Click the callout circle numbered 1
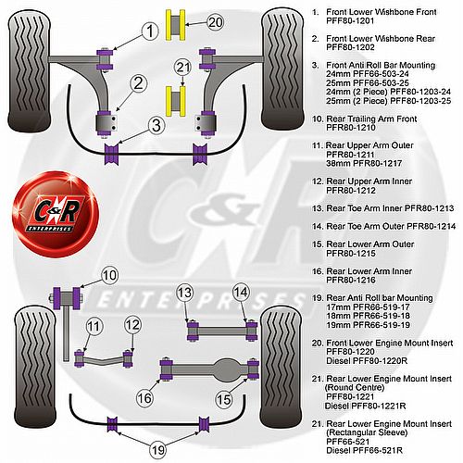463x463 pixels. (150, 31)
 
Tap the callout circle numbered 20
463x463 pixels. (215, 22)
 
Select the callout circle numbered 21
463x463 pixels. (183, 68)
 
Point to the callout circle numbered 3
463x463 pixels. (156, 126)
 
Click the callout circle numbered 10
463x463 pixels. (109, 275)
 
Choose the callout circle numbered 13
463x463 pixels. (184, 293)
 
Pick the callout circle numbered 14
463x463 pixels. (241, 292)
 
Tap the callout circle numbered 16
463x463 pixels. (144, 398)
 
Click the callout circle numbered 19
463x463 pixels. (158, 450)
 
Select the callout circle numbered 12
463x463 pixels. (132, 325)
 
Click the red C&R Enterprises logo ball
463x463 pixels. (56, 214)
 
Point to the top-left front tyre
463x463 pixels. (29, 74)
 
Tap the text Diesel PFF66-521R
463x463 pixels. (364, 450)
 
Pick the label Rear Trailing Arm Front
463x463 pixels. (371, 119)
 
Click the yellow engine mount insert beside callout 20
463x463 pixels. (176, 25)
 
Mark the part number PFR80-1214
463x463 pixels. (432, 226)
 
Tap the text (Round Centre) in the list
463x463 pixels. (355, 387)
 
